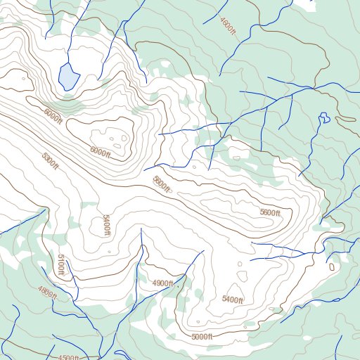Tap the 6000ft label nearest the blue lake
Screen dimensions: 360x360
pyautogui.click(x=53, y=113)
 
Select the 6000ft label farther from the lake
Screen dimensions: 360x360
pyautogui.click(x=101, y=150)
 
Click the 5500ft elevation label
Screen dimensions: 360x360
pyautogui.click(x=162, y=185)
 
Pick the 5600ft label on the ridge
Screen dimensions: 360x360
pyautogui.click(x=270, y=213)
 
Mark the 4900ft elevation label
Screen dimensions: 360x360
pyautogui.click(x=162, y=283)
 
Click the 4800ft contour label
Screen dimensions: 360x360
pyautogui.click(x=47, y=292)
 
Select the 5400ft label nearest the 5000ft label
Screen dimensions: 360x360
pyautogui.click(x=232, y=300)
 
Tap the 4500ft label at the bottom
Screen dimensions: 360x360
pyautogui.click(x=68, y=357)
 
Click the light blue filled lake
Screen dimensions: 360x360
pyautogui.click(x=67, y=76)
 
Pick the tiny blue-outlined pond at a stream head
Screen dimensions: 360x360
pyautogui.click(x=324, y=117)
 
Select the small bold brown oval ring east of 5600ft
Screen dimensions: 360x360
pyautogui.click(x=332, y=267)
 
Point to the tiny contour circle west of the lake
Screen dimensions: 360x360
pyautogui.click(x=24, y=79)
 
